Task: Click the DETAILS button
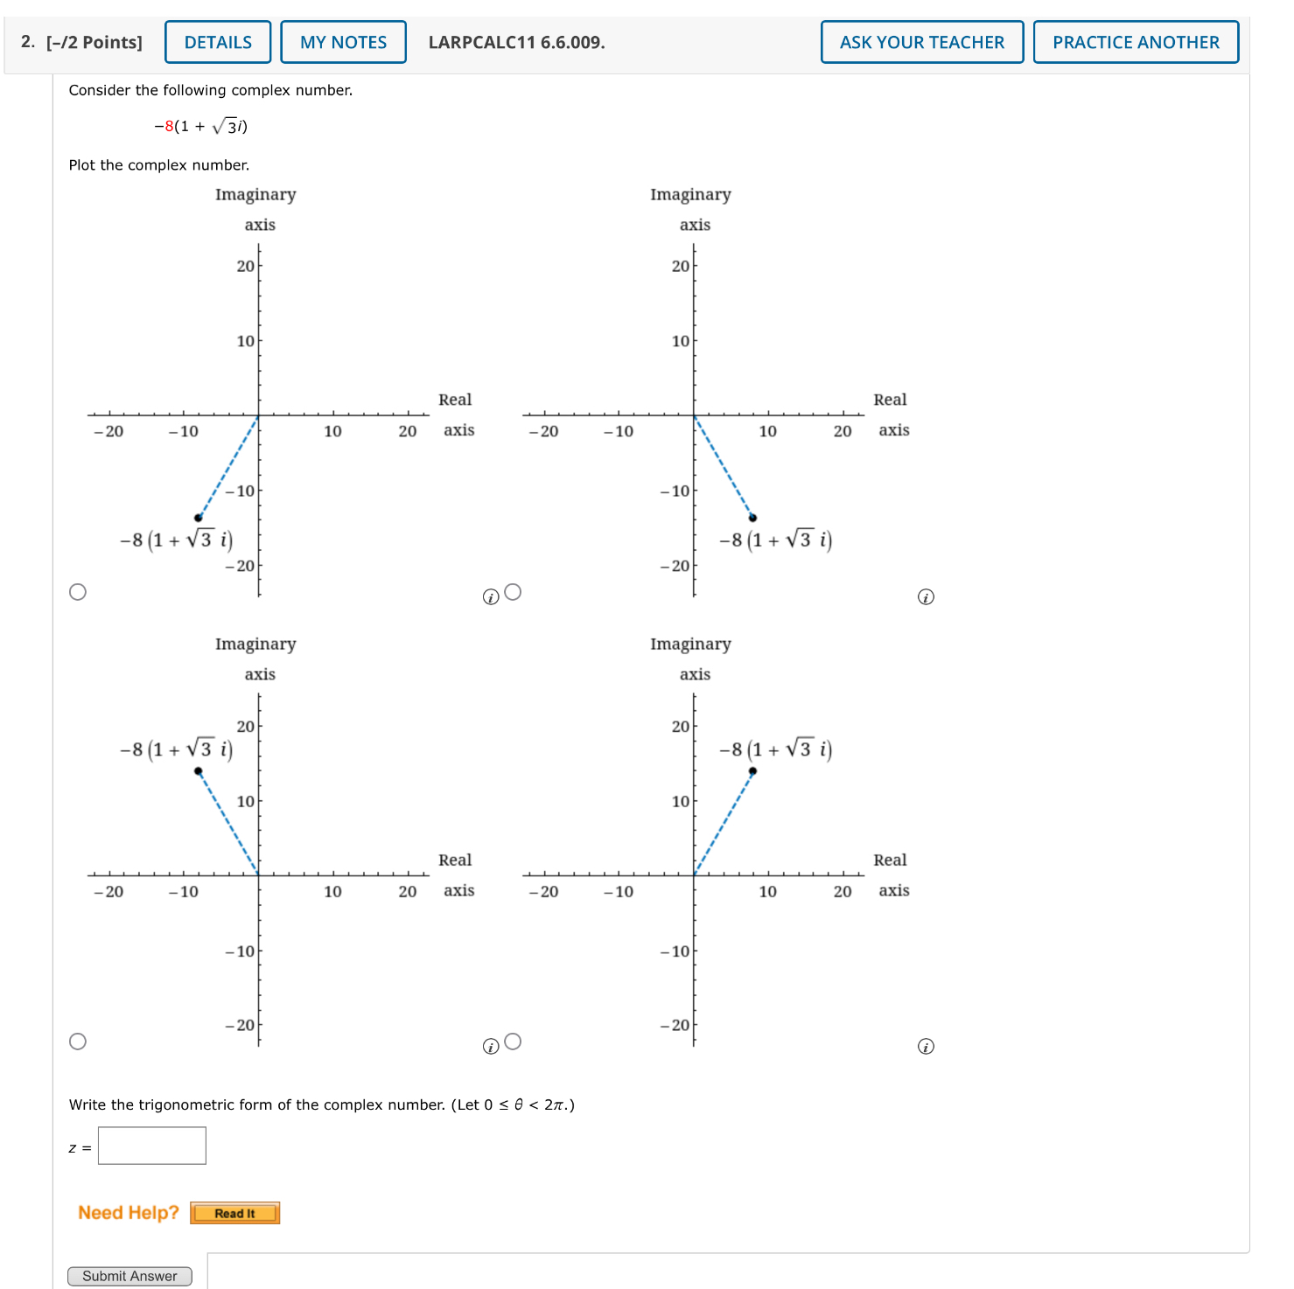coord(218,42)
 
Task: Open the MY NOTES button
coord(343,42)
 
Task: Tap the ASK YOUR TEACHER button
coord(921,42)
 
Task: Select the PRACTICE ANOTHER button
coord(1135,42)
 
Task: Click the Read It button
coord(234,1213)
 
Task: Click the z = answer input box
coord(152,1146)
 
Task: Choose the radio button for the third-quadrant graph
coord(78,592)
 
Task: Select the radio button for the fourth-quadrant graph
coord(514,592)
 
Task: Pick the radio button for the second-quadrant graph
coord(78,1042)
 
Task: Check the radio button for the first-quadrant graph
coord(514,1042)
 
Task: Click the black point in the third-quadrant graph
coord(199,518)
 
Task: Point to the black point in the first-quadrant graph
coord(752,771)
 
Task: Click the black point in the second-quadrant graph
coord(199,771)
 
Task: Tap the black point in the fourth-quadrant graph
coord(752,518)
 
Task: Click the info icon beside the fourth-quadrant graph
coord(926,597)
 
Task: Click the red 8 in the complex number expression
coord(169,126)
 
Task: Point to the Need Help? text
coord(128,1212)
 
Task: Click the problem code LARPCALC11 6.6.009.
coord(516,42)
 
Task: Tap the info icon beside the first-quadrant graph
coord(926,1047)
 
